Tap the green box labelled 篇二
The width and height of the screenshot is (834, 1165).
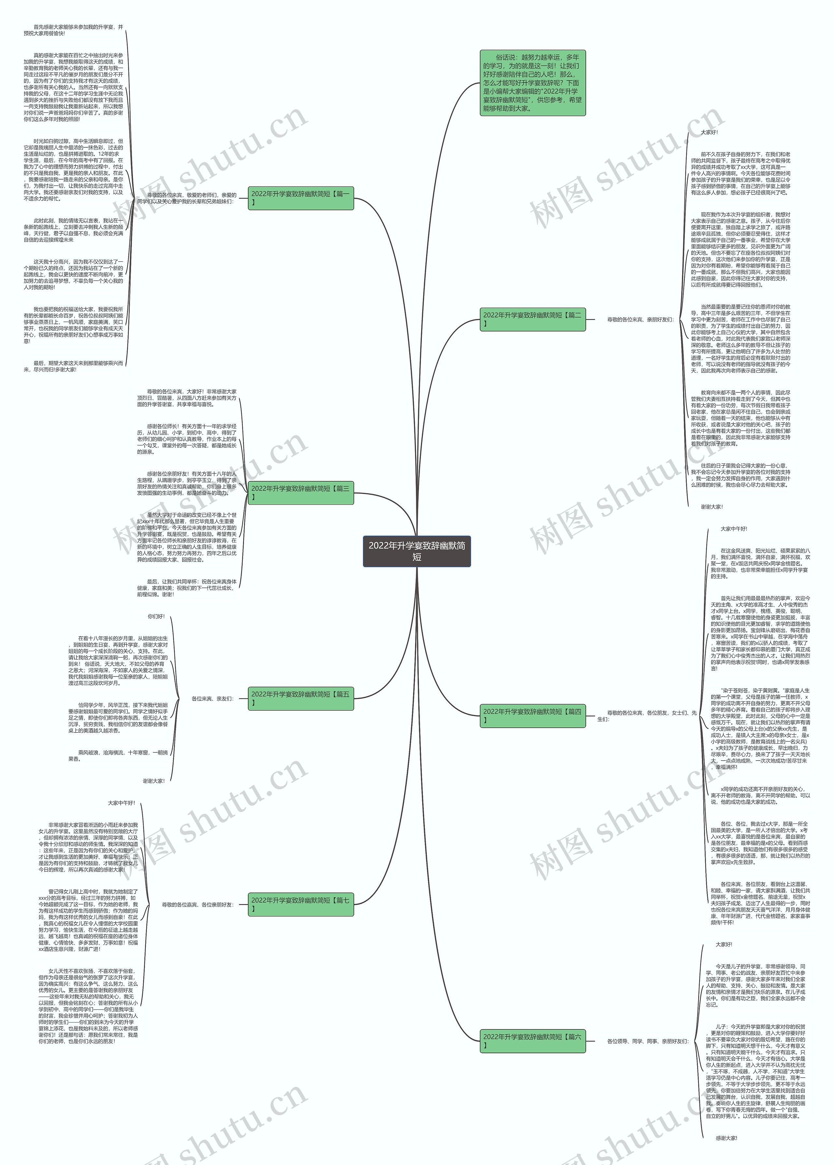pos(533,319)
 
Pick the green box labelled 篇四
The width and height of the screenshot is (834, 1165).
pos(533,716)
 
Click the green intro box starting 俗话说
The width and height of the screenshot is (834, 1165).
pos(533,83)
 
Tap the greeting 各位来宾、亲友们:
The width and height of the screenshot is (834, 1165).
pos(212,699)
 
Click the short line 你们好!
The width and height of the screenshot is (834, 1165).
pos(156,617)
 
